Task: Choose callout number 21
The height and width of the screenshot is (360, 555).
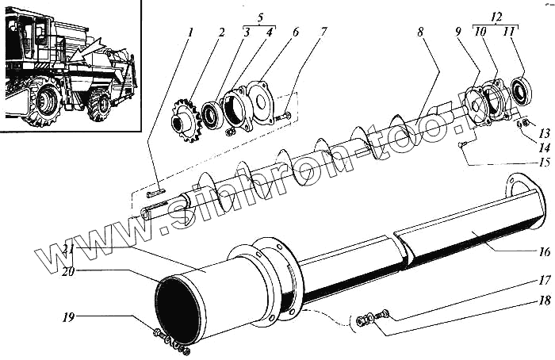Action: coord(70,248)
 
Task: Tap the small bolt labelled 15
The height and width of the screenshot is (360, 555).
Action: coord(462,145)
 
